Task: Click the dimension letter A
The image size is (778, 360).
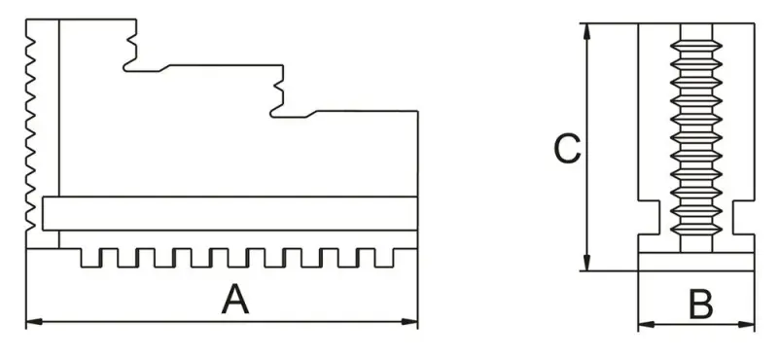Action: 234,298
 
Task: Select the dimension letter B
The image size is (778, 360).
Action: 698,305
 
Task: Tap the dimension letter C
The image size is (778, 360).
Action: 566,149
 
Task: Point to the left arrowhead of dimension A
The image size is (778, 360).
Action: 30,320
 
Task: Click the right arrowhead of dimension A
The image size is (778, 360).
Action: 412,320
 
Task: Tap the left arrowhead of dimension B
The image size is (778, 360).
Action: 643,324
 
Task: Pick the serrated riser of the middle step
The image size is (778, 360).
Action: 279,92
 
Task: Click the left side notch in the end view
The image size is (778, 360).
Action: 651,218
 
